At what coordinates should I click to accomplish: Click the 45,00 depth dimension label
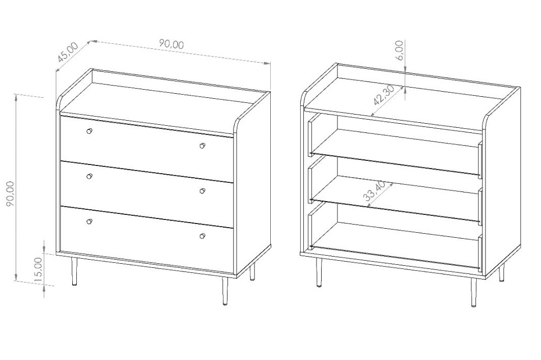click(x=68, y=52)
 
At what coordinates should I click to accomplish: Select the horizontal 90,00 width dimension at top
click(x=172, y=44)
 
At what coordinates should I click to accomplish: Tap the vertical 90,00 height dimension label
click(x=10, y=193)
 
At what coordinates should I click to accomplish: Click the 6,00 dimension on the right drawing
click(x=399, y=50)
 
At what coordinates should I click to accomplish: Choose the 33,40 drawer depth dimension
click(x=375, y=191)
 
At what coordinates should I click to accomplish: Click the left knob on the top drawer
click(x=90, y=131)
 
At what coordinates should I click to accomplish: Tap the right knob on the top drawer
click(x=202, y=146)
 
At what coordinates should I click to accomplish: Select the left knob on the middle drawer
click(x=90, y=176)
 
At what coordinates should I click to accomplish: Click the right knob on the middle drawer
click(x=202, y=191)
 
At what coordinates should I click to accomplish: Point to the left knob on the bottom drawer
click(x=90, y=221)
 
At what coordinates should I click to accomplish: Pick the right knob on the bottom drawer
click(x=202, y=236)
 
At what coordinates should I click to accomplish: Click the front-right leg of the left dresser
click(x=225, y=291)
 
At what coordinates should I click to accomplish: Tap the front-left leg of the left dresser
click(x=74, y=271)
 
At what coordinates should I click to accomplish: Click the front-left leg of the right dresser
click(x=319, y=272)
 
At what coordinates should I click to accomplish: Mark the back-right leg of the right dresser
click(x=501, y=273)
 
